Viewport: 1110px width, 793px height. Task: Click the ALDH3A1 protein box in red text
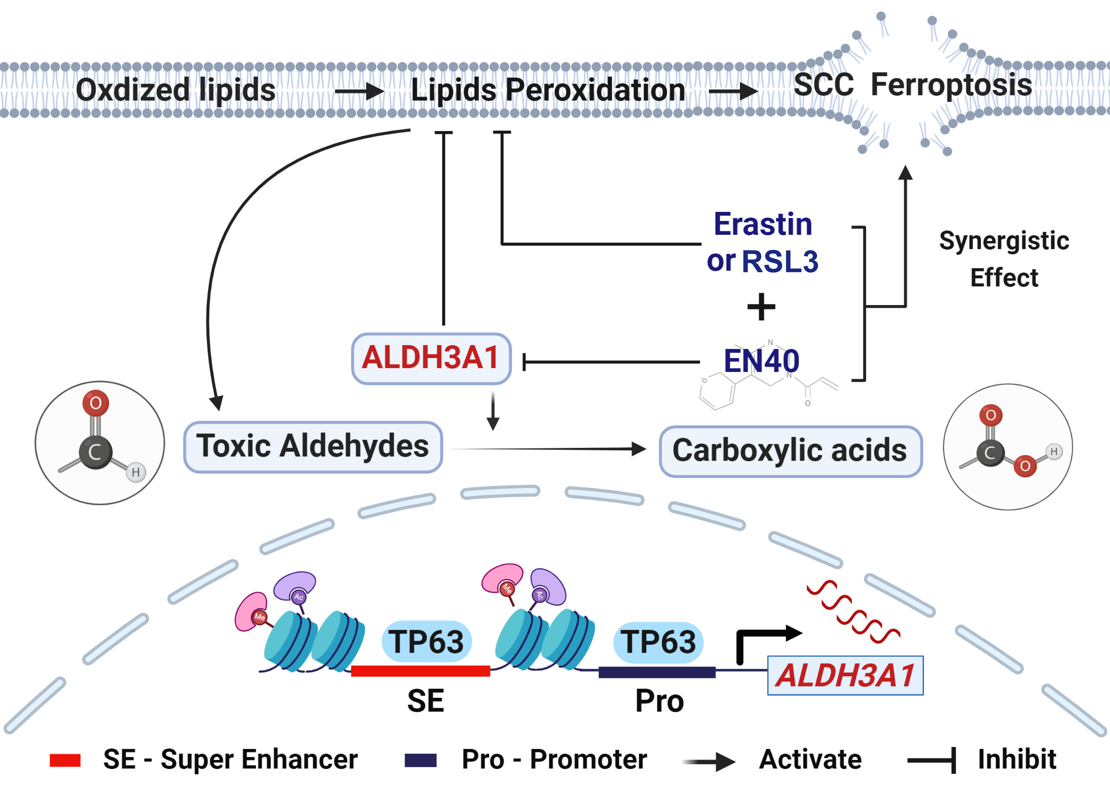point(431,358)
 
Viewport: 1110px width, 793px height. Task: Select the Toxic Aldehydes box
point(312,447)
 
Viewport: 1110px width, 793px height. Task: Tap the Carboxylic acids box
point(790,451)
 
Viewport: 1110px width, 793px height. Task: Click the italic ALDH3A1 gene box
point(845,675)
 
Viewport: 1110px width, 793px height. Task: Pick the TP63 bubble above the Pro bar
point(658,642)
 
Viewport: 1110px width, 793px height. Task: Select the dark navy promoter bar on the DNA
point(657,672)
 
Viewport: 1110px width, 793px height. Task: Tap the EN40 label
point(761,361)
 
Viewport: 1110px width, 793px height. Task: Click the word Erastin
point(763,225)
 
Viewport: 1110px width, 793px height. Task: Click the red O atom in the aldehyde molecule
point(96,403)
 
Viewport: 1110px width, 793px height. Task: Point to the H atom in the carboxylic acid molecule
point(1054,452)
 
